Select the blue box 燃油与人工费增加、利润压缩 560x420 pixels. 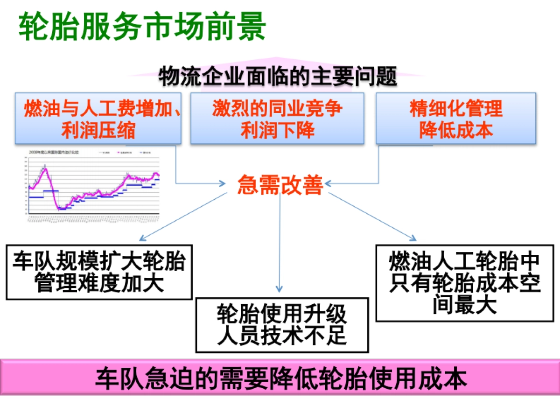98,119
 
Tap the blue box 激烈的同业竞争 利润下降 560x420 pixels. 277,119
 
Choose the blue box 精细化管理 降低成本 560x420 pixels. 456,119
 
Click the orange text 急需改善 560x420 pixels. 280,185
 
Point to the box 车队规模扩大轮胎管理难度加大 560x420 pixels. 99,272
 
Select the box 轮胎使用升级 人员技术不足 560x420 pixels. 282,325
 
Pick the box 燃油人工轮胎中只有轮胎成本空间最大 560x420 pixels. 465,284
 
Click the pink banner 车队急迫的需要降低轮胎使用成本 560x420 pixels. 280,378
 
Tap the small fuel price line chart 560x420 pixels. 93,184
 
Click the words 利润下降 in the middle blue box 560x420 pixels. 277,130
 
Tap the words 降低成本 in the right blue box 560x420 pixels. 456,130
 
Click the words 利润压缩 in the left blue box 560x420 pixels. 98,130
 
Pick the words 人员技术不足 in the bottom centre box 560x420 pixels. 282,336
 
